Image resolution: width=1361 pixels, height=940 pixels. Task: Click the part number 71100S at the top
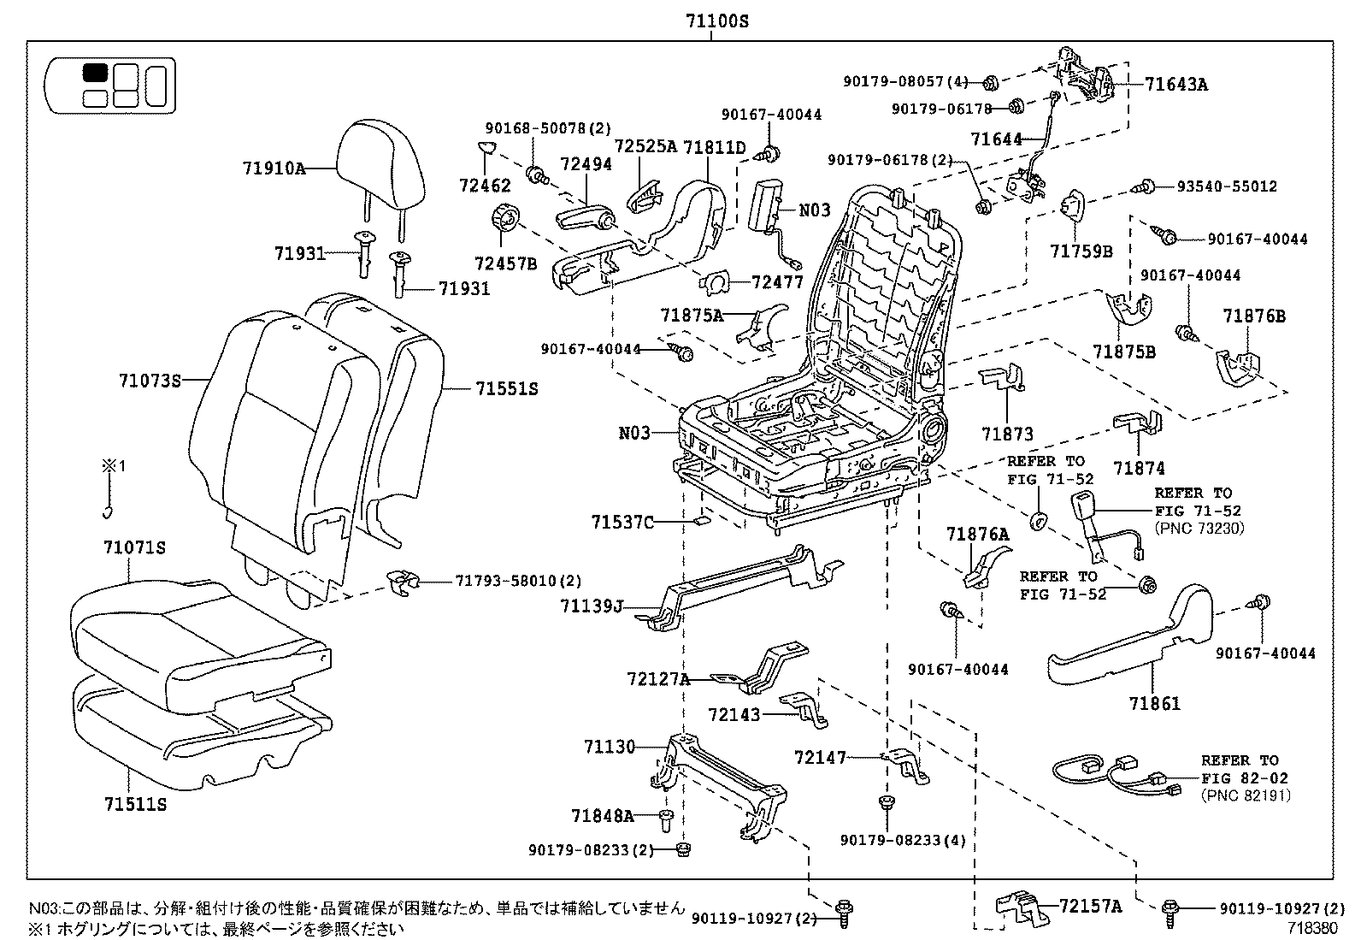[x=716, y=21]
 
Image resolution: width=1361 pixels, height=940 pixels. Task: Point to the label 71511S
[x=135, y=805]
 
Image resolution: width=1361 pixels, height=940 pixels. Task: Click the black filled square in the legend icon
[x=94, y=73]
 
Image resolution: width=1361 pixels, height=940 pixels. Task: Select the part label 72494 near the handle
[x=586, y=163]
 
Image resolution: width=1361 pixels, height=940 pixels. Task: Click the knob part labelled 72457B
[x=506, y=219]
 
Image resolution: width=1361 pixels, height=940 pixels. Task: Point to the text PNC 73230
[x=1199, y=529]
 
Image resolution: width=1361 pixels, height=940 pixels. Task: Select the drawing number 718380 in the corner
[x=1313, y=926]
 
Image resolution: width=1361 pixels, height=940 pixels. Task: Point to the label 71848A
[x=603, y=816]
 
